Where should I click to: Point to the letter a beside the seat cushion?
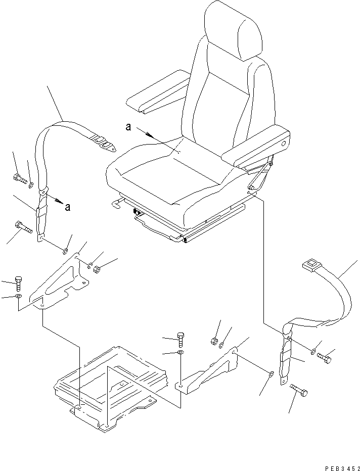point(129,128)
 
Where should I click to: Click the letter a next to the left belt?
point(67,206)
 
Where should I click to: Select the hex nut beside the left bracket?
point(98,268)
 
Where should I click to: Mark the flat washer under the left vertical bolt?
point(19,296)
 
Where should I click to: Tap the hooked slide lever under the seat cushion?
point(118,203)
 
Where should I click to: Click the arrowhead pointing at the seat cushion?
point(150,135)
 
